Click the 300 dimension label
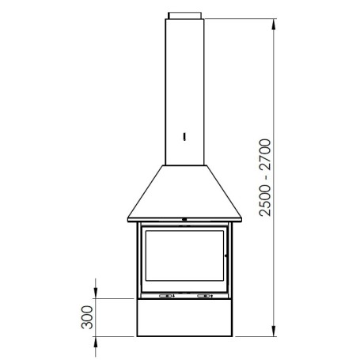click(87, 317)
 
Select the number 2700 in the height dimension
click(265, 154)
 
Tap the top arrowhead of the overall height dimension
click(274, 25)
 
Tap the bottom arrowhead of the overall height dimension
click(274, 331)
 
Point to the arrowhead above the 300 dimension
click(96, 294)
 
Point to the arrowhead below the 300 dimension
click(96, 342)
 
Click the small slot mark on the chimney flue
click(184, 137)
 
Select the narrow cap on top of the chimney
click(185, 15)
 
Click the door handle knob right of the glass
click(226, 256)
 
